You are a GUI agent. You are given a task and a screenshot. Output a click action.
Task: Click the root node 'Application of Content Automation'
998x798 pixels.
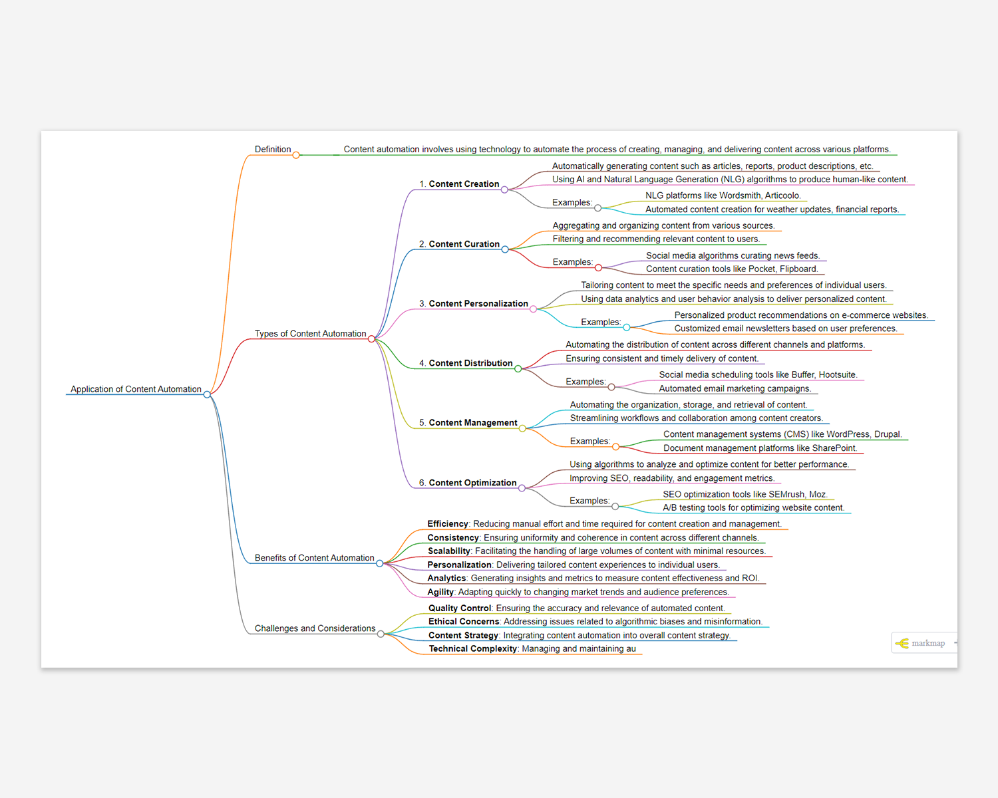point(136,389)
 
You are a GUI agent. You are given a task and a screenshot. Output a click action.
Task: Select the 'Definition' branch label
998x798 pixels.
point(273,150)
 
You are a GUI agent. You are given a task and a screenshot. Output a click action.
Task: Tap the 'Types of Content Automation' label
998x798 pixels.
point(310,334)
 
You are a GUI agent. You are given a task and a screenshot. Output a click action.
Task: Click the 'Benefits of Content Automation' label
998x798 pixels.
point(314,558)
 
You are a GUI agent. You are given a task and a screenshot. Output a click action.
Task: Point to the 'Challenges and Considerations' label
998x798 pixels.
point(315,628)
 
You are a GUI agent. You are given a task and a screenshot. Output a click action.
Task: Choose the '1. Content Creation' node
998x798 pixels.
point(459,184)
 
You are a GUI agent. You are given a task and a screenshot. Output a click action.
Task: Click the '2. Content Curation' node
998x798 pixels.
point(459,244)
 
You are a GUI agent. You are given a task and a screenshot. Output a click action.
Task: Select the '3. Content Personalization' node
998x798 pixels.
point(473,304)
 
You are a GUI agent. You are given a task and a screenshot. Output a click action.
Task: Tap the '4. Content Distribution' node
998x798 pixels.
point(466,363)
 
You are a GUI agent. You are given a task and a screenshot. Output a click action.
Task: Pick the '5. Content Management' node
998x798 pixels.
point(468,423)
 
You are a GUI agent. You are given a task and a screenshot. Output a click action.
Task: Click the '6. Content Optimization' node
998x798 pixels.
point(467,483)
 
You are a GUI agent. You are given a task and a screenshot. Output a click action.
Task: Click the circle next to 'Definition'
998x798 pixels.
point(296,155)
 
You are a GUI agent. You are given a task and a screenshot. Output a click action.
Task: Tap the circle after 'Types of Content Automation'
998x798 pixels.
point(371,339)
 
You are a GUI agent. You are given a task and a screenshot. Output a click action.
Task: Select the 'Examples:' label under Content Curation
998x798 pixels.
point(572,262)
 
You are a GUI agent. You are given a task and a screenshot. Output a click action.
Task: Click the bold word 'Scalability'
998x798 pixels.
point(449,551)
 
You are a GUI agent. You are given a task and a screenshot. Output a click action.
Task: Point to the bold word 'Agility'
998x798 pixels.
point(440,593)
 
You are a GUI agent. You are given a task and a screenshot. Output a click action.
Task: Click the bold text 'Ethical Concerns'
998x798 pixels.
point(464,622)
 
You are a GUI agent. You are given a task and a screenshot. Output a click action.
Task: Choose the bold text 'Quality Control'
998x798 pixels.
point(460,608)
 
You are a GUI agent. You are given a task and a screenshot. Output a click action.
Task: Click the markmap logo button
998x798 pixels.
point(921,643)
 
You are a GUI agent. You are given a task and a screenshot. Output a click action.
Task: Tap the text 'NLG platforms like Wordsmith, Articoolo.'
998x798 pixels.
point(723,196)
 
